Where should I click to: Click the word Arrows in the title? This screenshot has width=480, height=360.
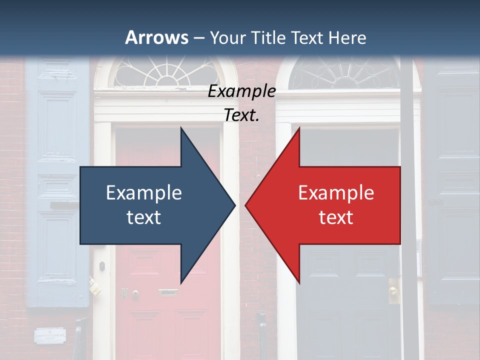[156, 37]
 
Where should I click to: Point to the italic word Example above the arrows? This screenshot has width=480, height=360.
[241, 91]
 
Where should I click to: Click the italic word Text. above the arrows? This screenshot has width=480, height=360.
[241, 115]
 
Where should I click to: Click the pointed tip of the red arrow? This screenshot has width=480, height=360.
[246, 205]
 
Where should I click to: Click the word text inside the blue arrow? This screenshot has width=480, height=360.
[143, 217]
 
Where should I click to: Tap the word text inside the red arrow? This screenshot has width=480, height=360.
[336, 217]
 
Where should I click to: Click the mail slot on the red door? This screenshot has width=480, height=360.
[168, 292]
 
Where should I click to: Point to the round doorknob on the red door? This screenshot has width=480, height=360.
[135, 293]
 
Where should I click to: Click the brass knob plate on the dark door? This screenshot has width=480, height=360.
[393, 290]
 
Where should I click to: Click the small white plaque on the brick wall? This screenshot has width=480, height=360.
[50, 335]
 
